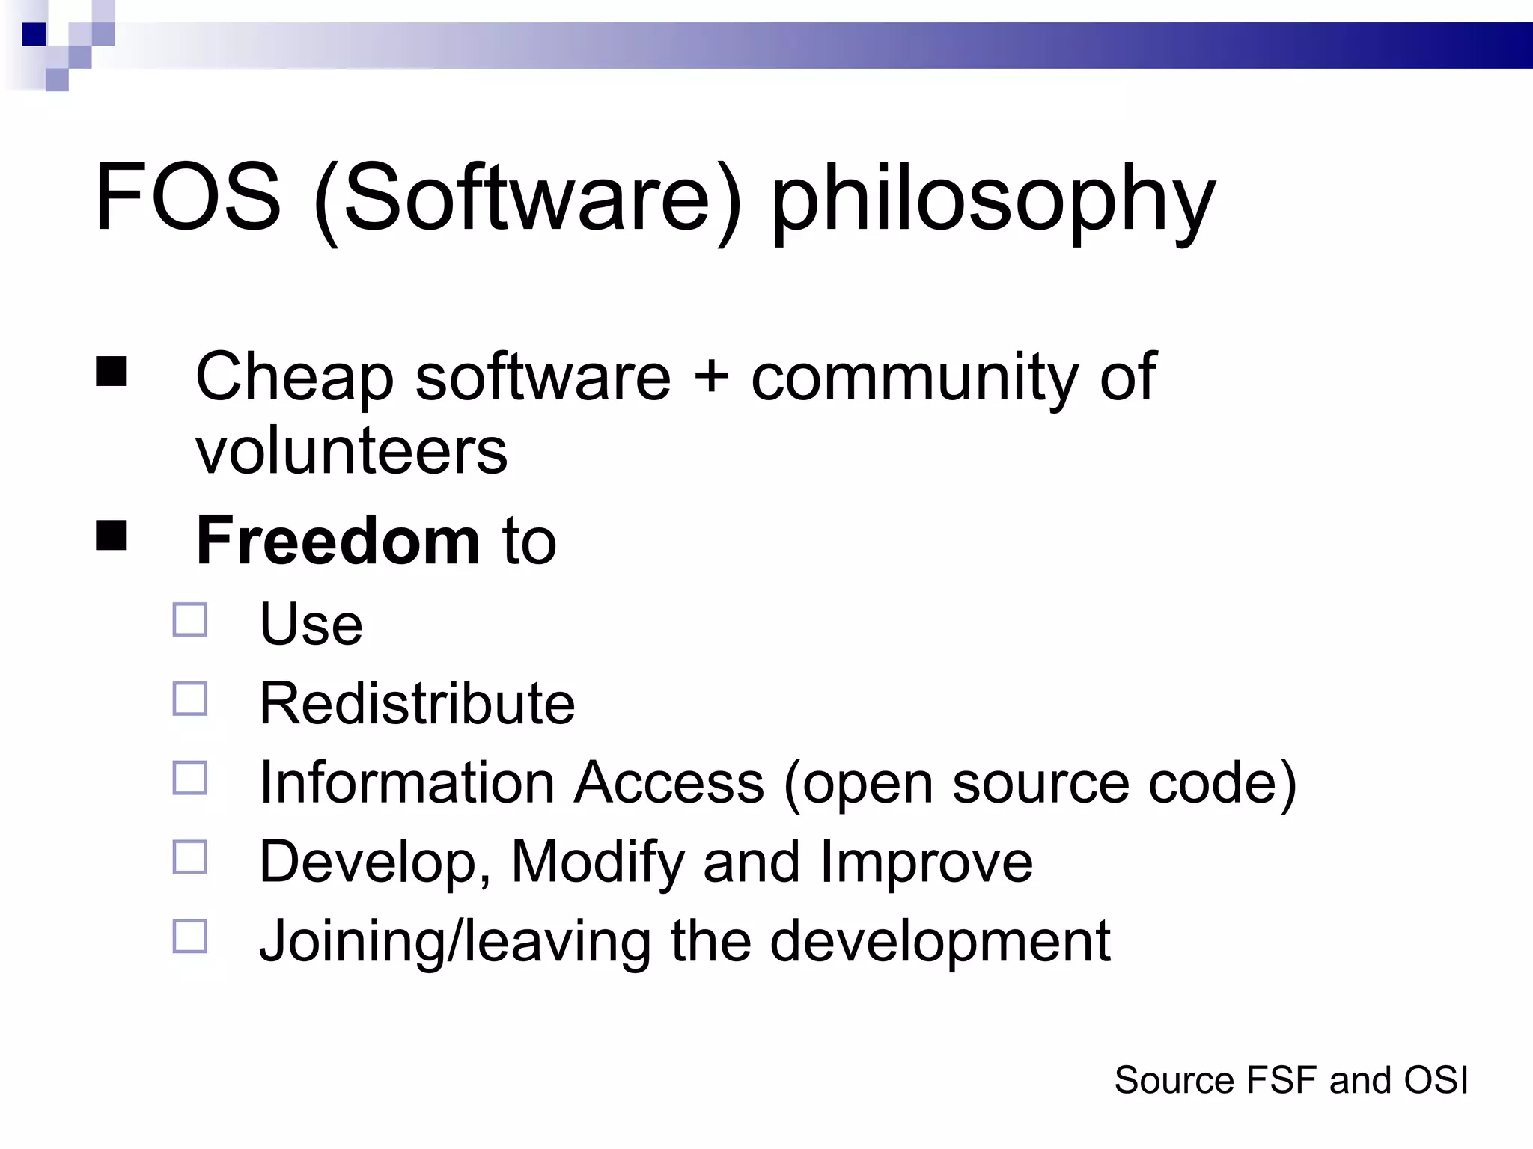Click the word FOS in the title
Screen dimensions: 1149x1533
click(x=188, y=198)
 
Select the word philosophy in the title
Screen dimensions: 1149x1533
click(x=993, y=200)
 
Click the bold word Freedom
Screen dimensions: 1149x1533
click(x=338, y=541)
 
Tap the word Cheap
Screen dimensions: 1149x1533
click(x=294, y=379)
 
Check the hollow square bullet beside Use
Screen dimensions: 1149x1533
click(x=190, y=620)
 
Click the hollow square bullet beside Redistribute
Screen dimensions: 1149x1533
click(x=190, y=699)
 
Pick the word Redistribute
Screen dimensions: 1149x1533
click(x=417, y=704)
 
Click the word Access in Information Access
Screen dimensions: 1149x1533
click(x=668, y=783)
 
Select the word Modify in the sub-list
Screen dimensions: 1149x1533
click(x=597, y=862)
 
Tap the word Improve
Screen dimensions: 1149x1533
click(x=926, y=862)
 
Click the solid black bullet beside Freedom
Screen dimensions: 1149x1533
click(x=111, y=536)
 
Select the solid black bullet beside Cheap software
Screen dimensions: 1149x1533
click(x=111, y=371)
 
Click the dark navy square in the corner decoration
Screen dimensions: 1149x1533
click(x=34, y=34)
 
